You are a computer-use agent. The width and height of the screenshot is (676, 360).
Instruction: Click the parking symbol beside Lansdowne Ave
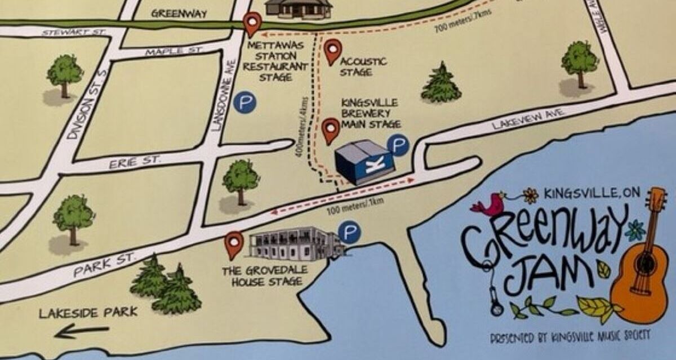245,102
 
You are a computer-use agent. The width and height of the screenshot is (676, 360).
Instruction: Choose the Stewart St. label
73,33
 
